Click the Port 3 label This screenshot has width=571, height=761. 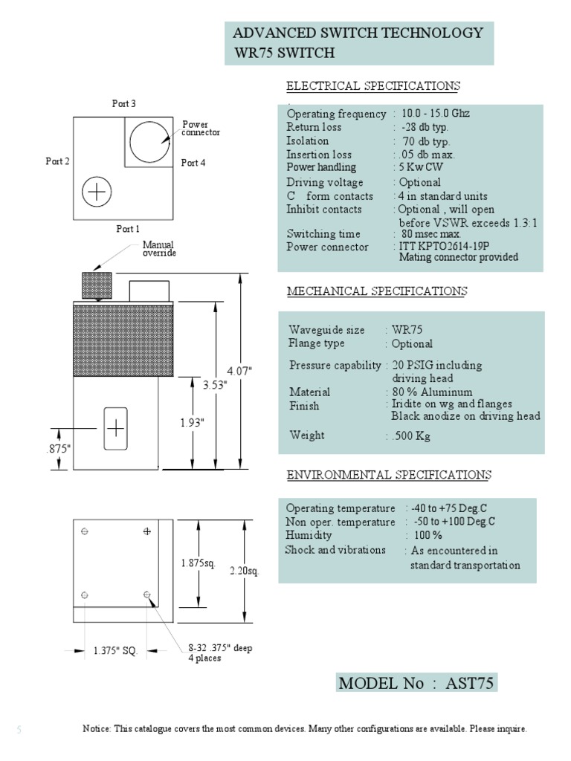tap(124, 104)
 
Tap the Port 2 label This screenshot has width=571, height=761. tap(57, 161)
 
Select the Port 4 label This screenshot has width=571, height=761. tap(193, 163)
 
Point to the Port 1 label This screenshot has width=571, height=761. tap(128, 229)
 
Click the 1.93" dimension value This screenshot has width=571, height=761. tap(192, 422)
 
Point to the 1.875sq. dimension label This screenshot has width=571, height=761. tap(197, 563)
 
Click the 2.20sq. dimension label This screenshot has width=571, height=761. tap(243, 571)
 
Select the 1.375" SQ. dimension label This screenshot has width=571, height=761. tap(116, 651)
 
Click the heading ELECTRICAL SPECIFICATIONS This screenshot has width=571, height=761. tap(373, 86)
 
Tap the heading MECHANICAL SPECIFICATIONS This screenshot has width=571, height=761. tap(377, 291)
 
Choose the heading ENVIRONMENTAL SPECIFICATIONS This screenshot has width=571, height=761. tap(389, 475)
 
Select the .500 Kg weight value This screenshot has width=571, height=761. tap(410, 435)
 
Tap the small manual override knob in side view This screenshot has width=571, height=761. tap(96, 285)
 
